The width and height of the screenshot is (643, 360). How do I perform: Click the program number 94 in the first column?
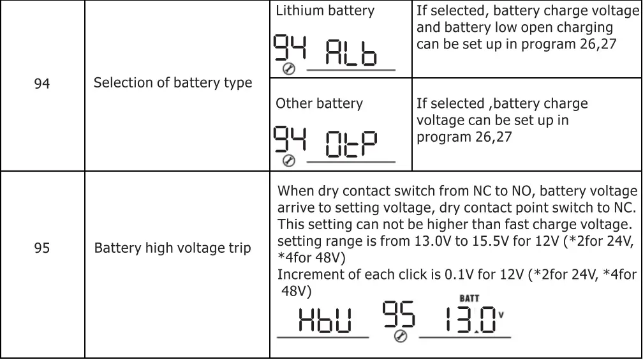pos(42,84)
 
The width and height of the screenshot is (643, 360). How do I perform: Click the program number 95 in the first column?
pos(42,248)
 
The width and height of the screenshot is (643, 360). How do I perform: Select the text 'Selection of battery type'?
pos(172,83)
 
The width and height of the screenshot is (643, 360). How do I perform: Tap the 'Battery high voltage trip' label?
pos(172,248)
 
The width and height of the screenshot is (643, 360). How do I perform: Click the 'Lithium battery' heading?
pos(325,11)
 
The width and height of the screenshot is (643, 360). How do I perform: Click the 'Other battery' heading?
pos(319,103)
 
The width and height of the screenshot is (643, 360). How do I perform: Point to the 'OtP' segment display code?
pos(350,146)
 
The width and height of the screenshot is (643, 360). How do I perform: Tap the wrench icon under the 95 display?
pos(401,337)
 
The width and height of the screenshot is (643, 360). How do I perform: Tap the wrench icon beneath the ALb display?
pos(288,69)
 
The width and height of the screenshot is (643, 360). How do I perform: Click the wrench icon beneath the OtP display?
pos(288,161)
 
